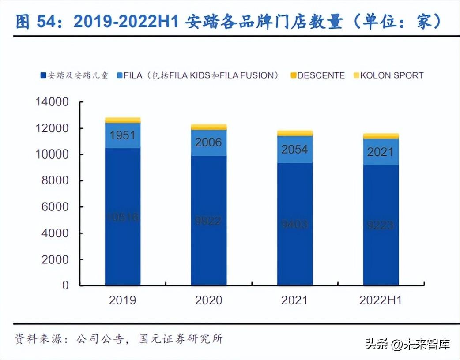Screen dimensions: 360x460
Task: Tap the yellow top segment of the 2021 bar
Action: pyautogui.click(x=294, y=133)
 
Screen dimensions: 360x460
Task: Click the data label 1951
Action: pyautogui.click(x=123, y=135)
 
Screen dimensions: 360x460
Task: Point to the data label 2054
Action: pyautogui.click(x=294, y=149)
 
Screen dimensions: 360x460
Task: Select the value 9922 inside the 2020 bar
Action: pyautogui.click(x=208, y=220)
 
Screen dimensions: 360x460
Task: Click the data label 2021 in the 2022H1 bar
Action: pyautogui.click(x=380, y=152)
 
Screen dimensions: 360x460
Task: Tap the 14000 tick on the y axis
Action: pyautogui.click(x=53, y=102)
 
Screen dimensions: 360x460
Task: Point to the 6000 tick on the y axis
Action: pyautogui.click(x=56, y=207)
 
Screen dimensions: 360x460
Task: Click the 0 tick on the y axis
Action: pyautogui.click(x=65, y=285)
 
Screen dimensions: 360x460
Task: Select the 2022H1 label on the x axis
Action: pyautogui.click(x=381, y=300)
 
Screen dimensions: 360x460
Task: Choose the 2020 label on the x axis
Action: pyautogui.click(x=208, y=300)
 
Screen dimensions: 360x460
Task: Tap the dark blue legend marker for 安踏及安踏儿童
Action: pyautogui.click(x=43, y=75)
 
